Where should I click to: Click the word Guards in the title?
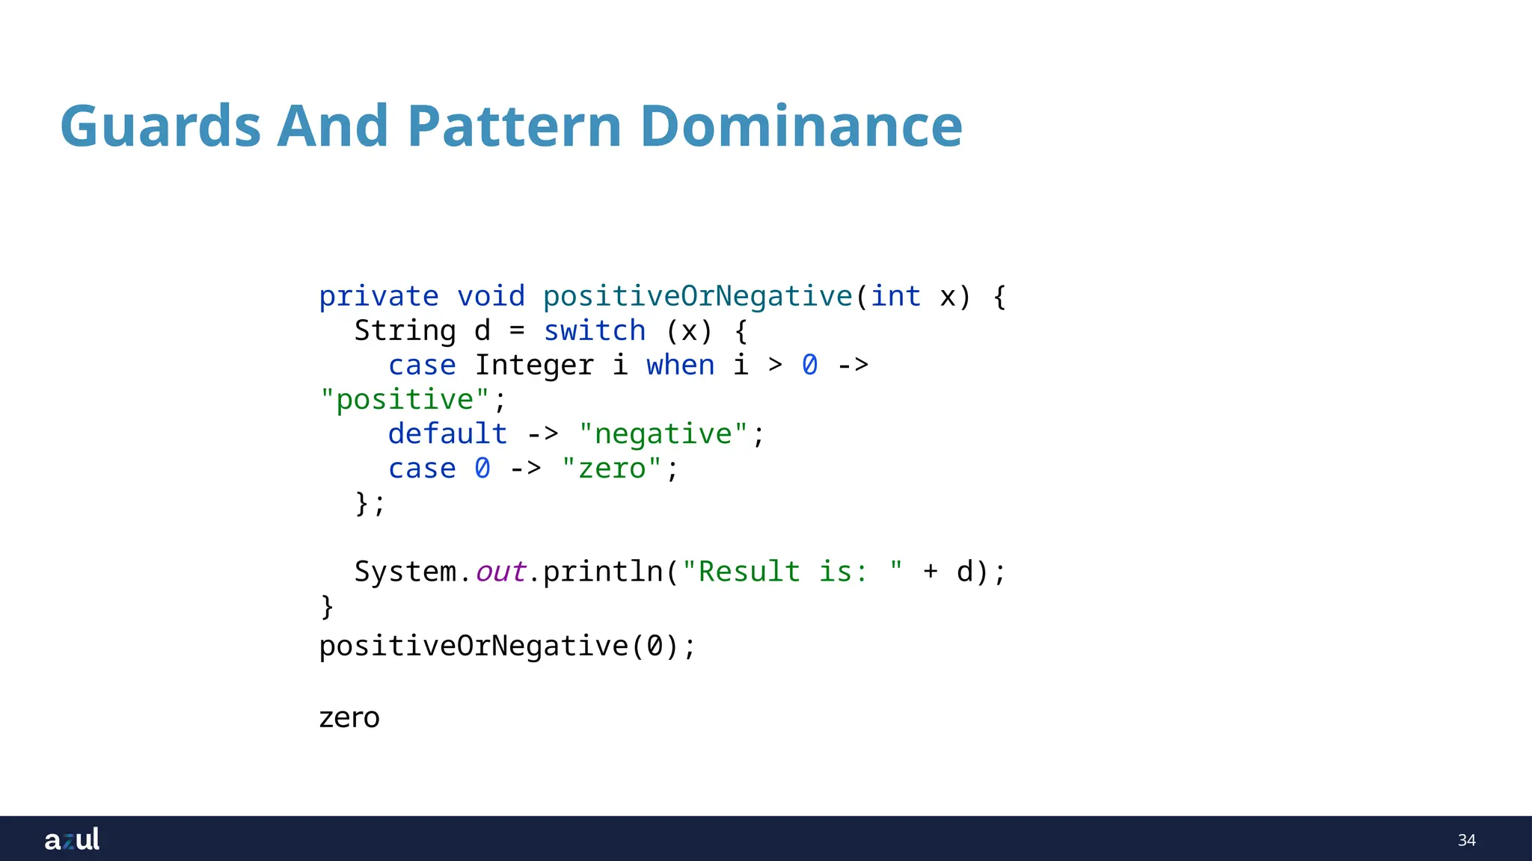click(160, 126)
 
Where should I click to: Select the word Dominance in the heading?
click(801, 126)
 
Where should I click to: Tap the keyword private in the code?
click(379, 297)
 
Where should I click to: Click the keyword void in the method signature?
click(491, 297)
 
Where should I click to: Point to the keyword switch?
click(594, 331)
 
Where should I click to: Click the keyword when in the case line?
click(680, 365)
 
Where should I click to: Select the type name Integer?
click(534, 365)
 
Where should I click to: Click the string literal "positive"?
click(405, 400)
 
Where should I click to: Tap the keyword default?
click(447, 434)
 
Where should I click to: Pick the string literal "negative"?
click(663, 434)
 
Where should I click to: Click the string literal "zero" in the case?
click(611, 469)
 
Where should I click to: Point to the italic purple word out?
click(500, 572)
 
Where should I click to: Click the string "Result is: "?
click(792, 572)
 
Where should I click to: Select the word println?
click(603, 572)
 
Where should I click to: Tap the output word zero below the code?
click(349, 717)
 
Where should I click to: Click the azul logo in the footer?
click(72, 839)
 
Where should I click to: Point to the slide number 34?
click(1466, 840)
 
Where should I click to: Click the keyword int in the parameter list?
click(895, 297)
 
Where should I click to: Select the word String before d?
click(405, 331)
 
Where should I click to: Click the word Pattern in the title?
click(515, 126)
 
